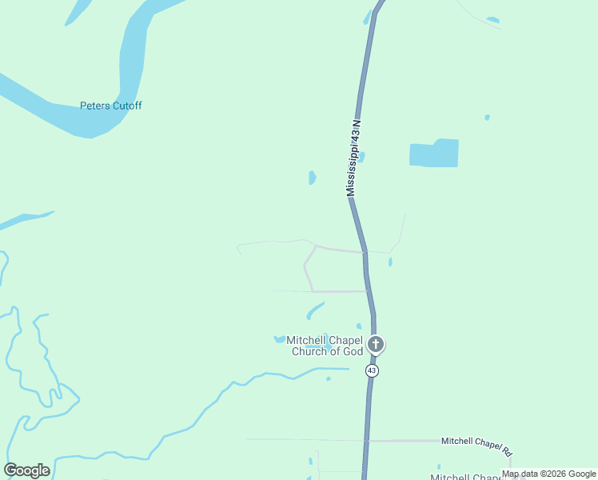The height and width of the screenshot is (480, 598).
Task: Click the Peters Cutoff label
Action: tap(110, 106)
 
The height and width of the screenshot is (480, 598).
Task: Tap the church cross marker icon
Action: tap(375, 345)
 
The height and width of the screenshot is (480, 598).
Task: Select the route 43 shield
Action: tap(373, 370)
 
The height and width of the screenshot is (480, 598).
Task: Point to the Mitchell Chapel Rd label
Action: tap(476, 442)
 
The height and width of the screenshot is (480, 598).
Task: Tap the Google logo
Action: tap(26, 470)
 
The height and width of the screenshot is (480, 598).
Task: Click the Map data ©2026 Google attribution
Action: tap(549, 474)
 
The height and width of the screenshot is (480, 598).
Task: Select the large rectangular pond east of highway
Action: tap(434, 154)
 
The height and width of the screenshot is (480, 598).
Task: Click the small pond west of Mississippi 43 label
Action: tap(312, 178)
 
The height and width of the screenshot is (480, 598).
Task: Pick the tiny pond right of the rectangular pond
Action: tap(487, 118)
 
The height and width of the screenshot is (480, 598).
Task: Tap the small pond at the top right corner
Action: tap(492, 20)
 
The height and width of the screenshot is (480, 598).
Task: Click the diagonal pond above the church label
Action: tap(316, 310)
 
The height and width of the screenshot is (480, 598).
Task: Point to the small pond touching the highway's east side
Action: tap(362, 157)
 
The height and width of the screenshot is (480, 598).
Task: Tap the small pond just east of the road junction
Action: tap(390, 262)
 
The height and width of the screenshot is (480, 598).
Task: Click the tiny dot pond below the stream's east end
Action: tap(329, 378)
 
